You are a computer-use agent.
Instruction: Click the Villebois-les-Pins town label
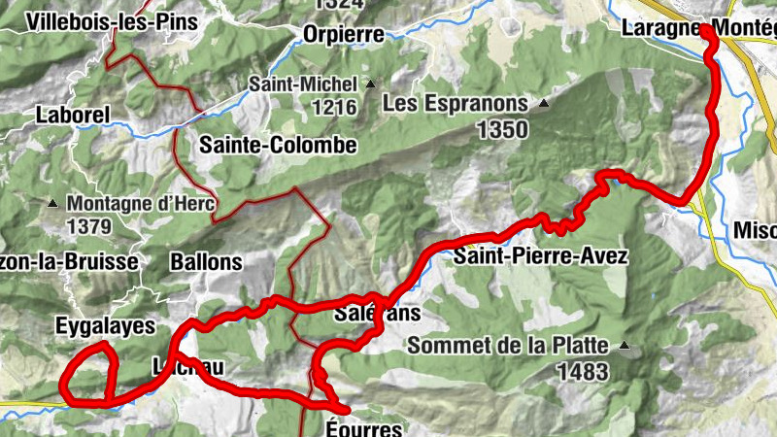click(x=113, y=21)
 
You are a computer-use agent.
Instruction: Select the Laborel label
click(x=73, y=115)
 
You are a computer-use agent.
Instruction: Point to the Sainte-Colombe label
click(x=279, y=146)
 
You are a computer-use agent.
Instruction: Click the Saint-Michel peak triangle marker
click(x=370, y=84)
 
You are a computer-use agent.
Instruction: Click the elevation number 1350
click(x=502, y=129)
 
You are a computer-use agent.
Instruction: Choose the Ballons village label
click(x=205, y=261)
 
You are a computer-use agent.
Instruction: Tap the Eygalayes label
click(x=105, y=326)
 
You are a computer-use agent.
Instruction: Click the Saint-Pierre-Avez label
click(x=541, y=257)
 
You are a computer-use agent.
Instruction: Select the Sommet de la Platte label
click(x=508, y=345)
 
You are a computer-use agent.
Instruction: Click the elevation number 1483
click(x=583, y=371)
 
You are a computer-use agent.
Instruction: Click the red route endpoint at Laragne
click(x=705, y=31)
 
